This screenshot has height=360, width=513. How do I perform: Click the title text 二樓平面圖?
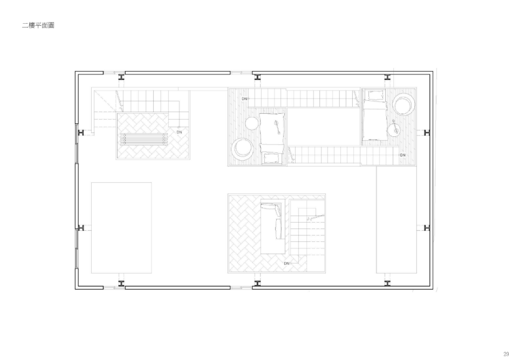tap(38, 25)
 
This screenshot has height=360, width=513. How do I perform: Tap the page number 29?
tap(506, 354)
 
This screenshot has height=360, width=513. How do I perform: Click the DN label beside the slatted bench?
tap(179, 132)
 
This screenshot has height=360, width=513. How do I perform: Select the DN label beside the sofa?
tap(286, 263)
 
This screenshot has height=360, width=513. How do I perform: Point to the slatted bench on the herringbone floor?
tap(144, 139)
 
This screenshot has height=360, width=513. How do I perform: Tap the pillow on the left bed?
tap(271, 158)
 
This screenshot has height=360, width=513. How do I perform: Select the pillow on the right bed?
tap(375, 95)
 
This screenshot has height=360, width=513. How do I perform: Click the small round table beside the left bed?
tap(252, 123)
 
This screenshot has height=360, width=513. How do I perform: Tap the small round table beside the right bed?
tap(394, 129)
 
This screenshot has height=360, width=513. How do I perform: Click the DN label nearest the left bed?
tap(245, 99)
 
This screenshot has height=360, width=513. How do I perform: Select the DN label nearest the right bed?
tap(402, 155)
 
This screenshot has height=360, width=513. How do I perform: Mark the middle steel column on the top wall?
tap(257, 78)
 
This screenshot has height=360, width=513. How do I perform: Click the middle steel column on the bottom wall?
tap(257, 283)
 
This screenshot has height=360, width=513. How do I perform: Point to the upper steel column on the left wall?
tap(81, 133)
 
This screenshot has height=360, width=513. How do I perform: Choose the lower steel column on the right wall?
tap(427, 227)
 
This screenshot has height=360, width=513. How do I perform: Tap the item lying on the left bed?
tap(276, 127)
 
